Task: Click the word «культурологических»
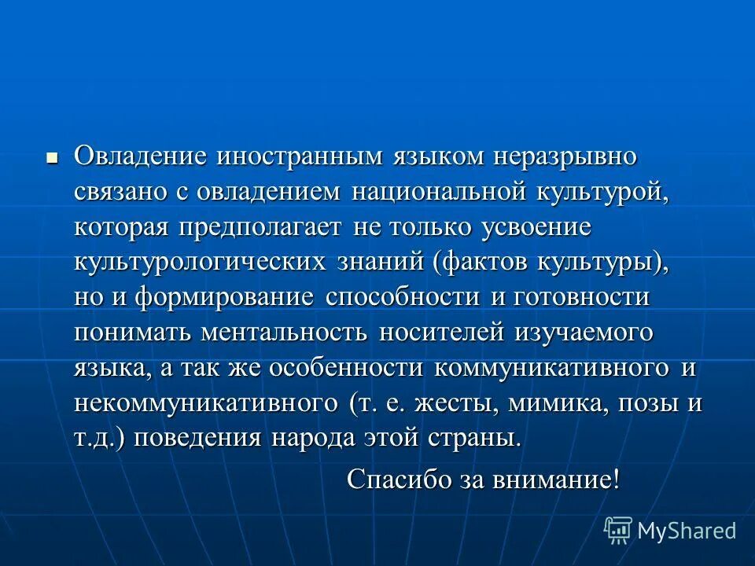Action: tap(200, 262)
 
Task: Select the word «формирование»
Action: tap(224, 297)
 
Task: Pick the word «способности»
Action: tap(402, 297)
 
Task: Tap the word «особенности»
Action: tap(347, 368)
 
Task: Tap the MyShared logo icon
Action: tap(618, 531)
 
